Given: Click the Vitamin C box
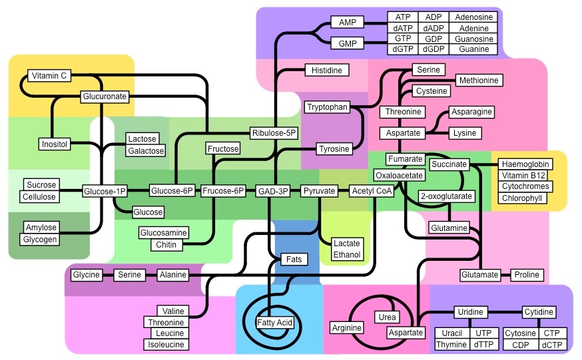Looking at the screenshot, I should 49,76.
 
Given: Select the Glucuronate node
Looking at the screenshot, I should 104,96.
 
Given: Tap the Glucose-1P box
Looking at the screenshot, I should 104,192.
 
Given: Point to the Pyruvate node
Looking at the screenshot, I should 318,192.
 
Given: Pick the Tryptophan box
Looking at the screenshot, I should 327,107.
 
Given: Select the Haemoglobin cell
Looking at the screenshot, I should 524,164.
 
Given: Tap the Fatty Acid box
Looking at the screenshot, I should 274,323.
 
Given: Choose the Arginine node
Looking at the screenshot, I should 347,327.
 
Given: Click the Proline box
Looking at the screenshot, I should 527,275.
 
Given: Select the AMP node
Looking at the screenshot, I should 347,23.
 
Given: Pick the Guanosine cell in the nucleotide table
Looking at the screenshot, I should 473,39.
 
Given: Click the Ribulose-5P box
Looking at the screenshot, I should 274,132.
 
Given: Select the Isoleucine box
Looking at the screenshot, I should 166,345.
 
